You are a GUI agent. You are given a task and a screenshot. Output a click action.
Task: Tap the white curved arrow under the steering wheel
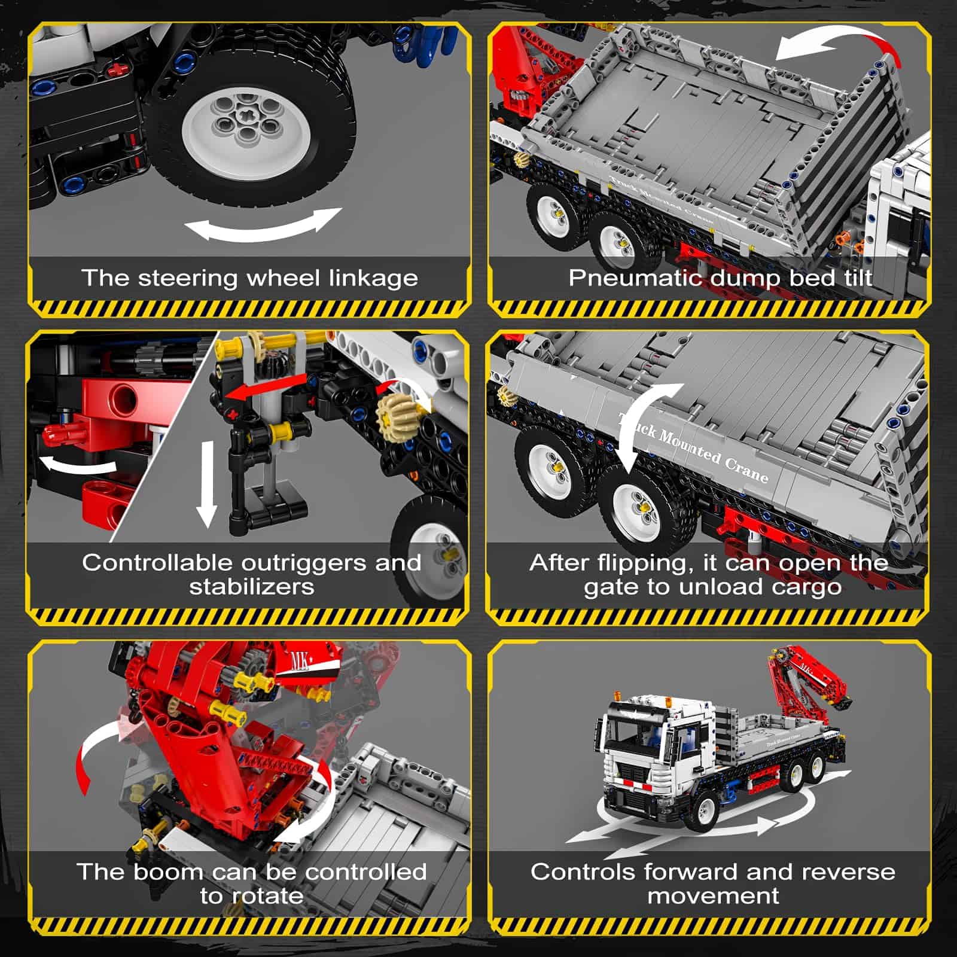coord(263,228)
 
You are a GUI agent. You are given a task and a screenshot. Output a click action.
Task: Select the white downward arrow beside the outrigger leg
coord(207,484)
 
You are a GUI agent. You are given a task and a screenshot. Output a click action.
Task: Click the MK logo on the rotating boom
coord(300,662)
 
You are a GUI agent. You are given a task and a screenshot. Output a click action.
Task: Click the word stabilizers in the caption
coord(252,587)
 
